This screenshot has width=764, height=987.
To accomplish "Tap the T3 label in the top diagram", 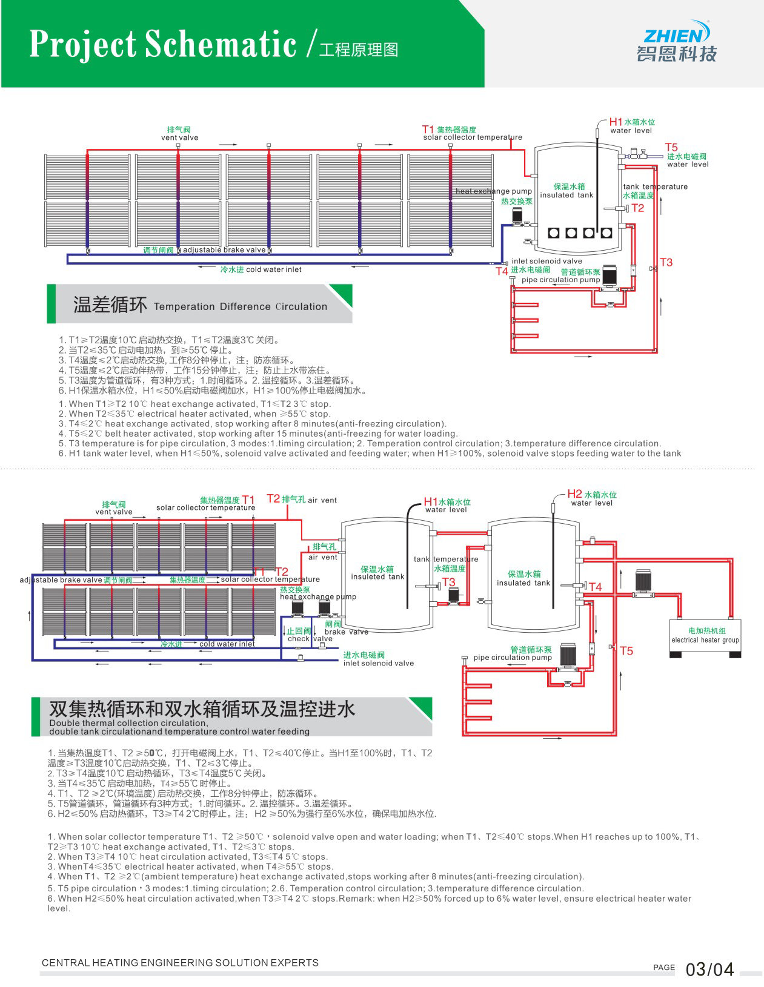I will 666,262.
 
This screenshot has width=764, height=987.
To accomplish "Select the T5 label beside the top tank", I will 671,147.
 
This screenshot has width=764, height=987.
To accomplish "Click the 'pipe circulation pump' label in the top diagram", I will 560,280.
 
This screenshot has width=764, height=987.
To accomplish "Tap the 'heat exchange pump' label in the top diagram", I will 493,191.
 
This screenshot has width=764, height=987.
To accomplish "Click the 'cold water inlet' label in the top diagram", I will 273,269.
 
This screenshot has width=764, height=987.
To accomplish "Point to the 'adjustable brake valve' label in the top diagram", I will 224,249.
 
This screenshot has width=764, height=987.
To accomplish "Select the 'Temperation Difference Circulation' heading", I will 240,306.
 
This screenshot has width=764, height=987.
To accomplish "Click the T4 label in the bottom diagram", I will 596,587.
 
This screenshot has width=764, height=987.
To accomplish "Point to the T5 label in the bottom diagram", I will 626,651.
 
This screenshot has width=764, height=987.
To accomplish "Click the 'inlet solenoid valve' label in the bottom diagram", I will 378,663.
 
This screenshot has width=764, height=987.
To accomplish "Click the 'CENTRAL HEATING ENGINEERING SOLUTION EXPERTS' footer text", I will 180,962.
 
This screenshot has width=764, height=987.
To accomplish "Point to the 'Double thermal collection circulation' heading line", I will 128,723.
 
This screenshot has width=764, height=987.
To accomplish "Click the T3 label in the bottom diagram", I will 448,582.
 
